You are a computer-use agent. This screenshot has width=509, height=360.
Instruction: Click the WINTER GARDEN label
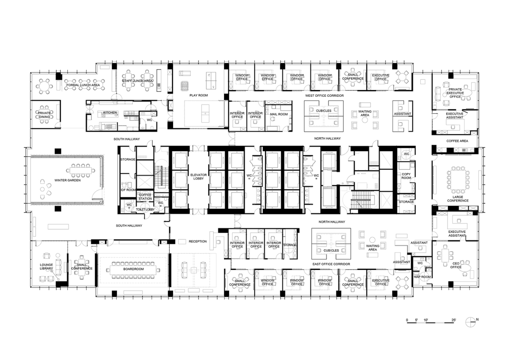coord(67,180)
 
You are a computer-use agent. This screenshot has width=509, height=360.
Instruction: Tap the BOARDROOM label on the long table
coord(134,269)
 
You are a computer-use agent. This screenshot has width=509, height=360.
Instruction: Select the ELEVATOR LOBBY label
coord(199,177)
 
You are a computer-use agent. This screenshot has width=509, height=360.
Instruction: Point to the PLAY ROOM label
coord(199,95)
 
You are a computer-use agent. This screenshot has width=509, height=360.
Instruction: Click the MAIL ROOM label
coord(279,114)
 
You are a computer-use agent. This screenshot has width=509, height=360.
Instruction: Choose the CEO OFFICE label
coord(456,265)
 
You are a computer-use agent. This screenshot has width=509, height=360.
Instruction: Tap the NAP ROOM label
coord(422,277)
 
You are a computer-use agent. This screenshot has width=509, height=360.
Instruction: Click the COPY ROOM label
coord(406,176)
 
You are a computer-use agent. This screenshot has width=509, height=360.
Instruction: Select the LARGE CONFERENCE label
coord(458,199)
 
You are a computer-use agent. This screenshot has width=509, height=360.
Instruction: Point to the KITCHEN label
coord(110,112)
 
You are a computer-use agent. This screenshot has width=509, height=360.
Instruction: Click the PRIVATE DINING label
coord(44,115)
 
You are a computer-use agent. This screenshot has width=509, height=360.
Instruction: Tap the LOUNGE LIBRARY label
coord(46,267)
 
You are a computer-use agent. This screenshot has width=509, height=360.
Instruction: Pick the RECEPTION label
coord(198,241)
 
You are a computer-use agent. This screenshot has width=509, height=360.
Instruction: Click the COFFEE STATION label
coord(145,197)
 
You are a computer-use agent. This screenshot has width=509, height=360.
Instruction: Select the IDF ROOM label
coord(128,190)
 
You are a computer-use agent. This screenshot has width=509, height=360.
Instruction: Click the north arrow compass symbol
coord(470,322)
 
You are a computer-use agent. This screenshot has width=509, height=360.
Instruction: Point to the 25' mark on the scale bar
coord(453,320)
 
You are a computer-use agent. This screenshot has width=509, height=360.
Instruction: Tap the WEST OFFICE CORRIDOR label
coord(324,96)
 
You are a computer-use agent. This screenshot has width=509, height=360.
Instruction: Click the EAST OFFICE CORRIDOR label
coord(331,264)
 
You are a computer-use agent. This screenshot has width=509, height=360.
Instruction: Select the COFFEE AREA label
coord(457,141)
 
